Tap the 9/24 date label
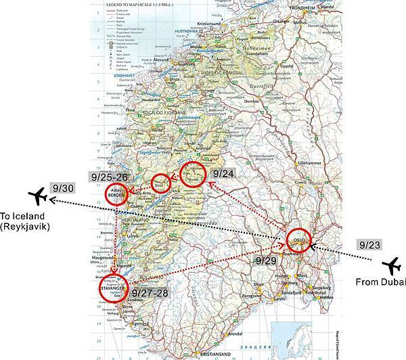tap(224, 173)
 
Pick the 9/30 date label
tap(60, 187)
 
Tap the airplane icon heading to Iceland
tap(40, 197)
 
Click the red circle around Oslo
tap(300, 240)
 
